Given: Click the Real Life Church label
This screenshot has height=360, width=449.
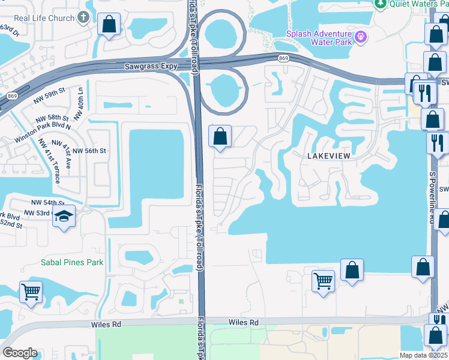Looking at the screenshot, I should click(44, 17).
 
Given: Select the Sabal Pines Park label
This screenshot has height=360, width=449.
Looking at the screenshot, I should click(72, 262).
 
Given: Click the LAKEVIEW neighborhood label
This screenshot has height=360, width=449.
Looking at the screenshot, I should click(328, 155).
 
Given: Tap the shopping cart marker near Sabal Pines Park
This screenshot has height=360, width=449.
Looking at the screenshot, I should click(30, 292).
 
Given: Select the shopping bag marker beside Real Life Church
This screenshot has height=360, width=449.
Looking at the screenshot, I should click(109, 25).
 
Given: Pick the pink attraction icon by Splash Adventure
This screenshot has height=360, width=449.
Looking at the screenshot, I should click(360, 37).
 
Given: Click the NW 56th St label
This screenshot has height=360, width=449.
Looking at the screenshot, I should click(87, 151).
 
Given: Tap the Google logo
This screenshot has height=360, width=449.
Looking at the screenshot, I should click(20, 353).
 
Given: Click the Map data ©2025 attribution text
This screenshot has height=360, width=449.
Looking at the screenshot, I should click(424, 355).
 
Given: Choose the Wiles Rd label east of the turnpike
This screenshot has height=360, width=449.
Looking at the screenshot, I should click(243, 323).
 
